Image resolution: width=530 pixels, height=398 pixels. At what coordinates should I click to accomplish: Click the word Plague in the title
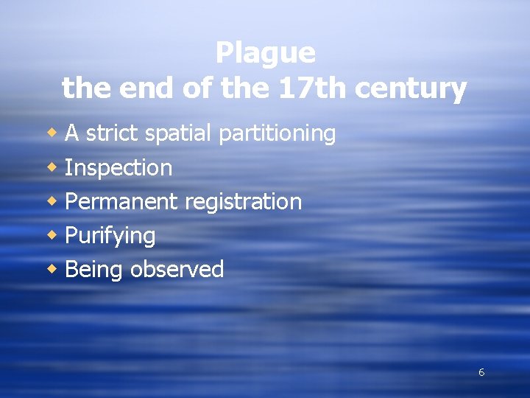tap(265, 53)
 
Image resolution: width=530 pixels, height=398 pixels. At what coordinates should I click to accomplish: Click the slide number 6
tap(481, 372)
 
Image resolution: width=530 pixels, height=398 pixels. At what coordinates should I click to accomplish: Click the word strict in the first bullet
tap(113, 133)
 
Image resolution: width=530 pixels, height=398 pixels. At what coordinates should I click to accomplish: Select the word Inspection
tap(119, 168)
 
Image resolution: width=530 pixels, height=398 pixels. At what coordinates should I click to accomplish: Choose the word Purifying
tap(110, 236)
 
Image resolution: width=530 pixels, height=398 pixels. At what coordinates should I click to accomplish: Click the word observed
tap(177, 269)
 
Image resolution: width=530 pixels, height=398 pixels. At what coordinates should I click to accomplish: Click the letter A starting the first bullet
tap(72, 133)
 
